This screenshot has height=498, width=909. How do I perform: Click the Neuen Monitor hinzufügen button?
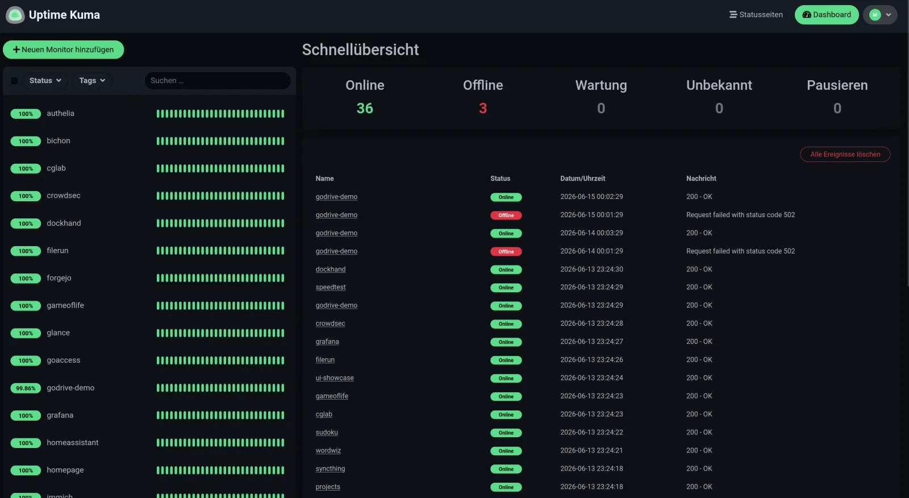[x=63, y=49]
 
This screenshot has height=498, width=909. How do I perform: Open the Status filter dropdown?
[x=45, y=80]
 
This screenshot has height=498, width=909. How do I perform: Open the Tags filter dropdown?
[x=92, y=80]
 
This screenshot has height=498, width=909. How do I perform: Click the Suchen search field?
[x=218, y=80]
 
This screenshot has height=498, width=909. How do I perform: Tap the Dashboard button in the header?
[x=826, y=15]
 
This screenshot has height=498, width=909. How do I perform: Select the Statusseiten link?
[x=756, y=15]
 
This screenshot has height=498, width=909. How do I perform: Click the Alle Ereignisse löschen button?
[x=845, y=155]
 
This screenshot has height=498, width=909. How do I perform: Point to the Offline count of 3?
[x=482, y=109]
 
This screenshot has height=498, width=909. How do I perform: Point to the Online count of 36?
[x=364, y=109]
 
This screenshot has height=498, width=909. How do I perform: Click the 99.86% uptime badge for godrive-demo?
[x=26, y=388]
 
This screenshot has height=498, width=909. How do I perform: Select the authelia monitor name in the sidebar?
[x=60, y=113]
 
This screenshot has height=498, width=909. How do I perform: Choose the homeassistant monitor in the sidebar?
[x=73, y=442]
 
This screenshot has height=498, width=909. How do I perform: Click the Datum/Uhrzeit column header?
[x=582, y=179]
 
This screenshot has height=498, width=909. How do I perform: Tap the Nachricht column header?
[x=701, y=179]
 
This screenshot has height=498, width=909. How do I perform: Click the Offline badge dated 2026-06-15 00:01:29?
[x=506, y=215]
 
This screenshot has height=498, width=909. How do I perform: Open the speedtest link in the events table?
[x=330, y=287]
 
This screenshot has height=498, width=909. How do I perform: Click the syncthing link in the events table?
[x=330, y=469]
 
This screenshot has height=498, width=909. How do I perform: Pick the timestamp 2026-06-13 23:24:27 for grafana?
[x=591, y=342]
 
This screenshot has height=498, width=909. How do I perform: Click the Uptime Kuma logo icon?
[x=15, y=15]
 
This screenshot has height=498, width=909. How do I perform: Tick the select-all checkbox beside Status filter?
[x=15, y=80]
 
